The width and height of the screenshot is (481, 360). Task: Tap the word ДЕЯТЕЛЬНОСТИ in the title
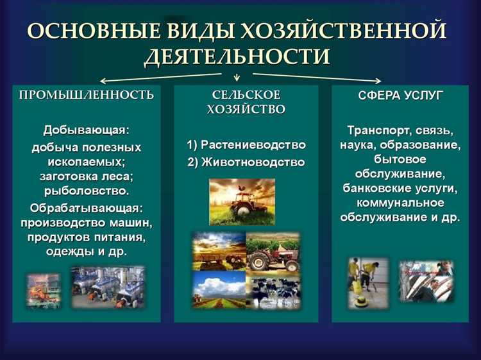pos(237,58)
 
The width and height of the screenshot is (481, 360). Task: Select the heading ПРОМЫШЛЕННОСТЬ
pos(87,96)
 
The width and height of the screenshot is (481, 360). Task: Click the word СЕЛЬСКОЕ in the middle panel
pos(246,95)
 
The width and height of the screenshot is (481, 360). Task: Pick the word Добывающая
pos(86,130)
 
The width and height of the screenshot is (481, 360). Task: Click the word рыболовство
pos(86,191)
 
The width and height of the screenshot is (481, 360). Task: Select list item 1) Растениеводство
pos(246,145)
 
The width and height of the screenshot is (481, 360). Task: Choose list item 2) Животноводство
pos(246,162)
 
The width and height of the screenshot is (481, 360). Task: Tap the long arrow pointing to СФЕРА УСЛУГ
pos(327,78)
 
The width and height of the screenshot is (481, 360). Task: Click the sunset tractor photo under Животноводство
pos(242,201)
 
